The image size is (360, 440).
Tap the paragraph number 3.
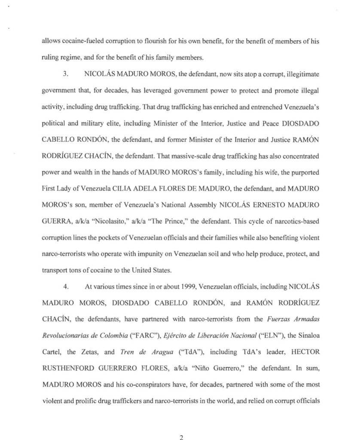[x=66, y=73]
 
